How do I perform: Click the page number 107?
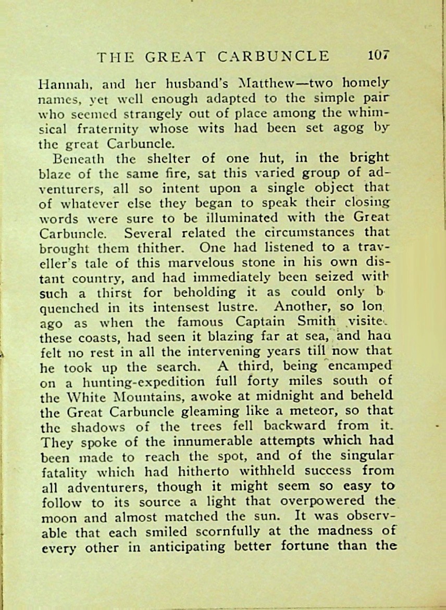click(x=379, y=56)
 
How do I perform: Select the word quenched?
click(x=69, y=307)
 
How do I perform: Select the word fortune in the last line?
click(x=316, y=547)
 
